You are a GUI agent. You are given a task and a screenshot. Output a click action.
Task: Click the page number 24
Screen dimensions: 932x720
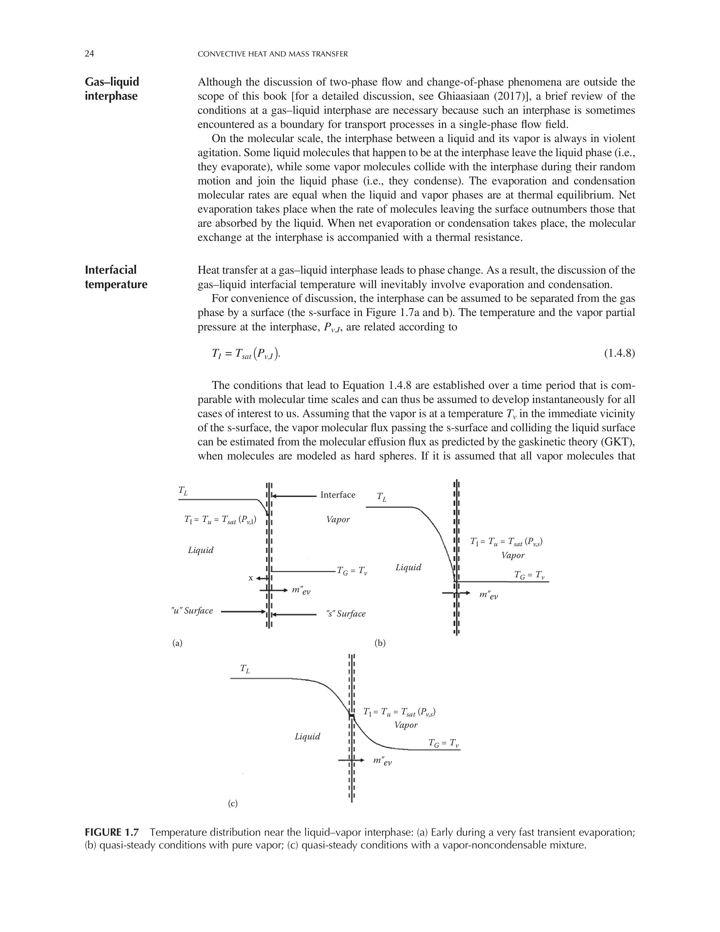pos(89,54)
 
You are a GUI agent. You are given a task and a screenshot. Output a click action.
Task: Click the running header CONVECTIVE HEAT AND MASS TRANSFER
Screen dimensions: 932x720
pos(273,54)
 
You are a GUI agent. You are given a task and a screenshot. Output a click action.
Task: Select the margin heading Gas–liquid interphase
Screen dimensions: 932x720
pos(112,89)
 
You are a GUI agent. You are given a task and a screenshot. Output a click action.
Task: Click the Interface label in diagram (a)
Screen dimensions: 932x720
pos(337,495)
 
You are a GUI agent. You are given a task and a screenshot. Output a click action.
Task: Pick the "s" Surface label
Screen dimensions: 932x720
pos(346,614)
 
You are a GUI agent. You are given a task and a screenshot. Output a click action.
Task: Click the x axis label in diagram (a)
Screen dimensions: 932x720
pos(251,578)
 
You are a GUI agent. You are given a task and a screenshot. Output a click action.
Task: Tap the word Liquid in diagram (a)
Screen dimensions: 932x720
pos(200,550)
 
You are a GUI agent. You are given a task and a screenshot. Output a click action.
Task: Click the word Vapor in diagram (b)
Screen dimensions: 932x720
pos(513,555)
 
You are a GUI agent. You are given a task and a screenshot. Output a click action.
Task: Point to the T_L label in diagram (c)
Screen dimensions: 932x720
pos(245,669)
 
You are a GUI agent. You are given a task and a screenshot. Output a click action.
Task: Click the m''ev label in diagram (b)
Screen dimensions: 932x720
pos(488,595)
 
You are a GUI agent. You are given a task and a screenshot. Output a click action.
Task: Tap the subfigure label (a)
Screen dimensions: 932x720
pos(177,643)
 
